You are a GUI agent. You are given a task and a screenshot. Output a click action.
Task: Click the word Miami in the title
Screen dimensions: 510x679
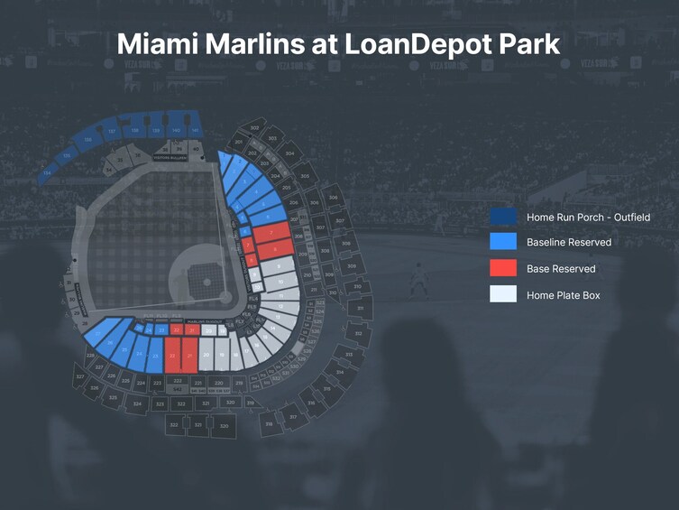(157, 43)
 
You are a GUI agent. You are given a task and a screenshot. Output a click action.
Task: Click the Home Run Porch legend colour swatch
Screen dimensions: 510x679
(503, 217)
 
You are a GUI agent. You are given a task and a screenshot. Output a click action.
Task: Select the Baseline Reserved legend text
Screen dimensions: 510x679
(569, 243)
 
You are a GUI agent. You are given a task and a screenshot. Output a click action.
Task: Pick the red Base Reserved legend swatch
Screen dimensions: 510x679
(503, 268)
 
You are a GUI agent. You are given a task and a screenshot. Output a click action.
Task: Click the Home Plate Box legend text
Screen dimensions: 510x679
(564, 295)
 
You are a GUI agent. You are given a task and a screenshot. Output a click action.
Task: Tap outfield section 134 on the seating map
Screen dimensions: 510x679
(47, 172)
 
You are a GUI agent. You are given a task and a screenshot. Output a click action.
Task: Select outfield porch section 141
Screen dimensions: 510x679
(195, 131)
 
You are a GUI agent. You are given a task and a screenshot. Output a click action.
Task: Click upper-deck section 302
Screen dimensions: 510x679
(254, 128)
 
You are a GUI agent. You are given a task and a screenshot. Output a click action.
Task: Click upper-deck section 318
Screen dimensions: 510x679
(269, 424)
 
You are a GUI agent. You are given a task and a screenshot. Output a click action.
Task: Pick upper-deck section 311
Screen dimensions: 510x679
(360, 309)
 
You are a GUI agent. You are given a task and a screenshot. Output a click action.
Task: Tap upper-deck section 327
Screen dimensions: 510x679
(80, 376)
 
